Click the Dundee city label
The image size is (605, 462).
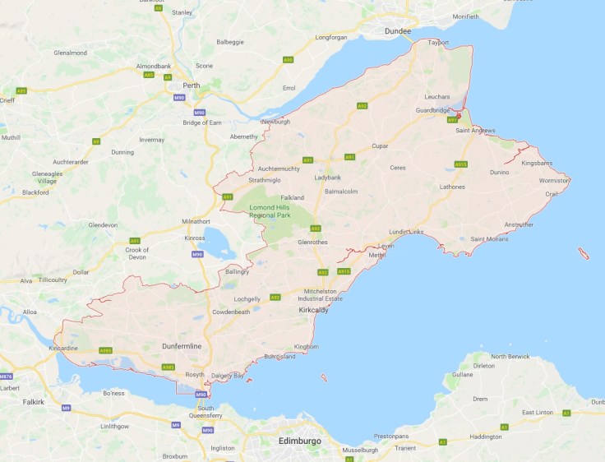(398, 31)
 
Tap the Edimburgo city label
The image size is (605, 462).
(301, 441)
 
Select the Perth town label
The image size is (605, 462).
(192, 85)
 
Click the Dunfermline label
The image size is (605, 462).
(181, 346)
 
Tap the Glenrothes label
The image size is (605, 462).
(313, 243)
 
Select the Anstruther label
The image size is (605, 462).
(518, 224)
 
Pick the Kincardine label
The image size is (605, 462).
(64, 349)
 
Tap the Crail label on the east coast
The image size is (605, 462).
(552, 194)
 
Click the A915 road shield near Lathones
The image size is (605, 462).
(461, 164)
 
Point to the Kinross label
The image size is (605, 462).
(195, 237)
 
